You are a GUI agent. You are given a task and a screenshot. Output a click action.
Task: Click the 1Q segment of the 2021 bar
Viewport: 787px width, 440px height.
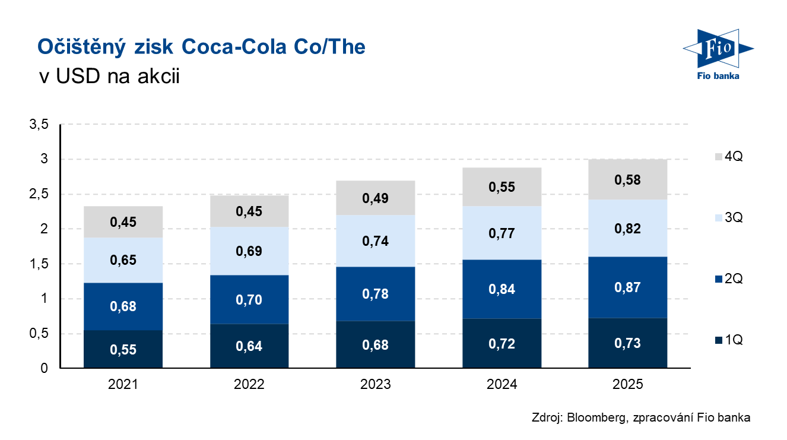click(123, 349)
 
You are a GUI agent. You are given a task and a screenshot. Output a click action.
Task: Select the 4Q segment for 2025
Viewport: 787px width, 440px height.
click(627, 179)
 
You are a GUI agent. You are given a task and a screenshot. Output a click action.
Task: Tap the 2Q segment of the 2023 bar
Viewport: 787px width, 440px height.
click(375, 294)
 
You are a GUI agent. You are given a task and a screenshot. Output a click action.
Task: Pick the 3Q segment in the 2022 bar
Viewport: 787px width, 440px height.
click(249, 251)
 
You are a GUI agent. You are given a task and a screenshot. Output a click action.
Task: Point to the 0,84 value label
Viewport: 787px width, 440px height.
click(502, 289)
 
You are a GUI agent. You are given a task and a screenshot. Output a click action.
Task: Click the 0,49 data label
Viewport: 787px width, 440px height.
click(375, 198)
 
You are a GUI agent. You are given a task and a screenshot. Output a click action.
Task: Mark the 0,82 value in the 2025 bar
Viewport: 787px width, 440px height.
click(627, 229)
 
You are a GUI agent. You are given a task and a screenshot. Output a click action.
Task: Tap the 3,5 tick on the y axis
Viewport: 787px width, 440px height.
click(37, 124)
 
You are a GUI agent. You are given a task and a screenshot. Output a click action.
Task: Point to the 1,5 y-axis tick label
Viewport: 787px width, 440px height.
click(37, 264)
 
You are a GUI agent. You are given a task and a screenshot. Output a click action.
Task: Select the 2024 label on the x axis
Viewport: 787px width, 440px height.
click(502, 385)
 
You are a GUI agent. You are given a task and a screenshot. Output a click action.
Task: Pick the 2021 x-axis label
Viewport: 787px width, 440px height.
click(123, 385)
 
